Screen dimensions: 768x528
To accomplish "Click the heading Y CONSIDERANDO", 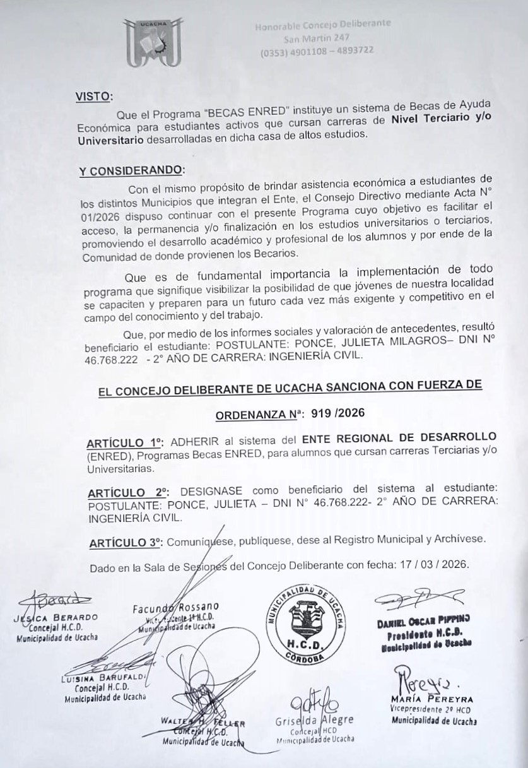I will pos(132,170).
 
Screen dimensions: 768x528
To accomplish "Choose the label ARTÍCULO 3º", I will pos(126,542).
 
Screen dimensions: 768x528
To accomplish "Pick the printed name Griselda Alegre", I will pos(314,720).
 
